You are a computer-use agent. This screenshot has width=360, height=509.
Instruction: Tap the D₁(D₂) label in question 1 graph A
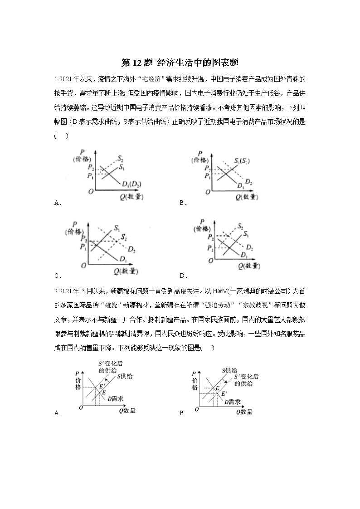pos(132,184)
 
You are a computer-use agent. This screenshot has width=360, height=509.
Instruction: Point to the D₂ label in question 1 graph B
pos(249,182)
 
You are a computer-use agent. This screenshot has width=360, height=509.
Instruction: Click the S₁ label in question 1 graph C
pos(117,228)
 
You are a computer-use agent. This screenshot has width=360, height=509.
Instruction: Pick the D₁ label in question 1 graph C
pos(123,258)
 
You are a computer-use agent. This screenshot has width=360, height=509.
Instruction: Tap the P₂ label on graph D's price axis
pos(210,238)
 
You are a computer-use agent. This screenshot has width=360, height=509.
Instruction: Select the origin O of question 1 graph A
pos(91,192)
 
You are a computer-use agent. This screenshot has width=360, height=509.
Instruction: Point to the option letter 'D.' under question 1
pos(183,276)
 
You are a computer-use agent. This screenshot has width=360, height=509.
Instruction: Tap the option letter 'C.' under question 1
pos(58,276)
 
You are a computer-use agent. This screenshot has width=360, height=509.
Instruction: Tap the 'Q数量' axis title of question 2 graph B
pos(244,412)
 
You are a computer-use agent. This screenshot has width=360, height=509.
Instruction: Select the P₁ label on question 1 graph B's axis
pos(207,176)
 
